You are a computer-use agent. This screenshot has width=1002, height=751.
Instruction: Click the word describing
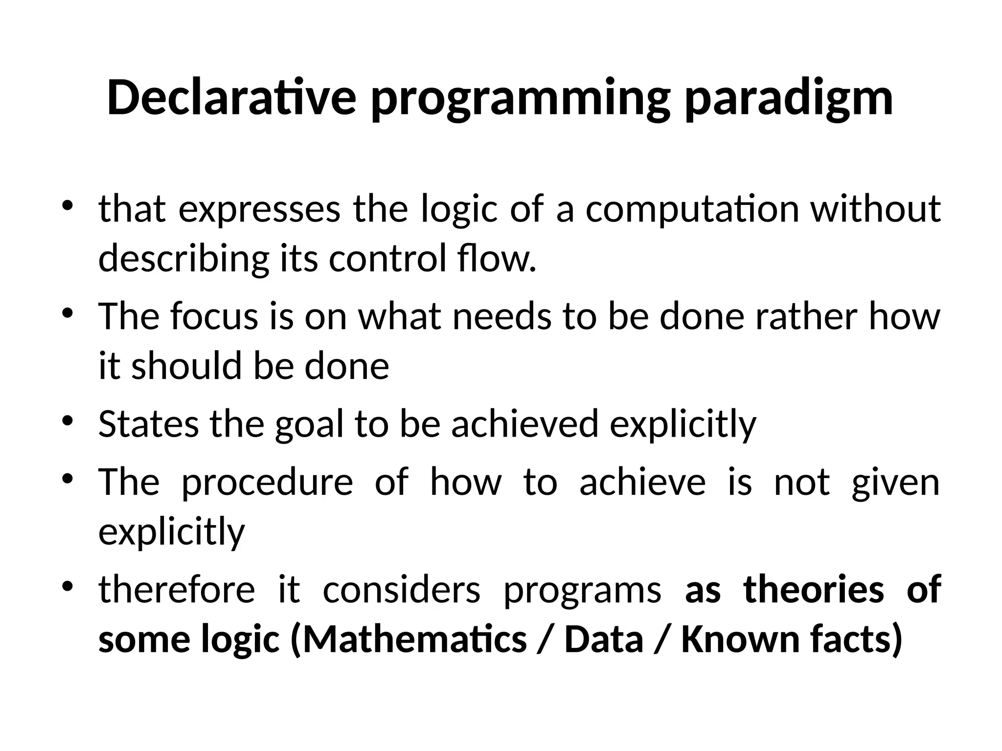tap(183, 260)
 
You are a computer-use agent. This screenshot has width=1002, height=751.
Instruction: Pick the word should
tap(186, 366)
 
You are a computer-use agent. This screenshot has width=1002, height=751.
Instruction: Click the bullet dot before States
tap(68, 421)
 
